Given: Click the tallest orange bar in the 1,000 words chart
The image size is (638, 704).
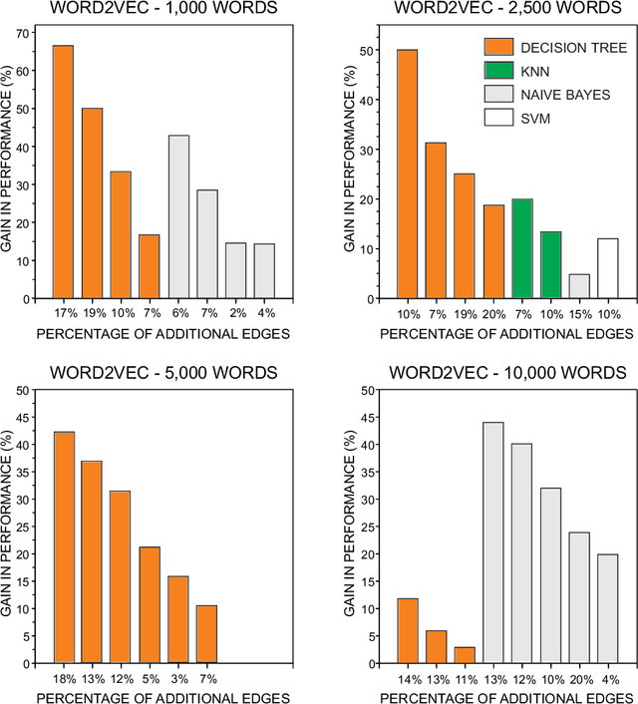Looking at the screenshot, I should (x=63, y=172).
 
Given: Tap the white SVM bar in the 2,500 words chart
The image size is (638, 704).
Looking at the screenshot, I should (x=608, y=268).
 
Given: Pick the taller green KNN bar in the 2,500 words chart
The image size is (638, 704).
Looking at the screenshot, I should (x=521, y=248).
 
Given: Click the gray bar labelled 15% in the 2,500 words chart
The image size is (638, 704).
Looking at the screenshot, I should (x=579, y=286).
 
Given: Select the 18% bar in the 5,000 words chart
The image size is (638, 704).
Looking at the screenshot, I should (x=63, y=547).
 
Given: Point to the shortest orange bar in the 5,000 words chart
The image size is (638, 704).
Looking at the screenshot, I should (x=206, y=634).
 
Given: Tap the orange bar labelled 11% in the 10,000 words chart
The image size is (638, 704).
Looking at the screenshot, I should (x=464, y=655).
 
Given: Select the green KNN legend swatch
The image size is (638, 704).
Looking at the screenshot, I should (x=498, y=72).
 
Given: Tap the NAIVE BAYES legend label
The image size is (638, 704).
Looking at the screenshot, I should (x=562, y=95).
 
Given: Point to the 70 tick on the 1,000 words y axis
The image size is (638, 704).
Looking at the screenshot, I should (x=22, y=32).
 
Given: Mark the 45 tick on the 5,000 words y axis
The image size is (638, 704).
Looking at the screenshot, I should (x=22, y=417).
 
